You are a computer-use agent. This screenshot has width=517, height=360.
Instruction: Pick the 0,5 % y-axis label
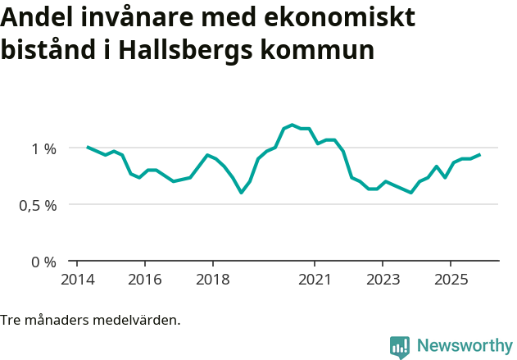coord(38,205)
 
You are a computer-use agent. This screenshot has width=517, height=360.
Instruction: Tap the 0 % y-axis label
coord(44,262)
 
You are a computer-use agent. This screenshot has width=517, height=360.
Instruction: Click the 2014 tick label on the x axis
coord(77,280)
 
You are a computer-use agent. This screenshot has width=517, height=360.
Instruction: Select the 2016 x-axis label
coord(145,280)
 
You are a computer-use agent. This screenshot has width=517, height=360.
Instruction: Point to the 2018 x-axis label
coord(213,280)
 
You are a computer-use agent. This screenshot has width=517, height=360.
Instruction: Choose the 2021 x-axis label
coord(315,280)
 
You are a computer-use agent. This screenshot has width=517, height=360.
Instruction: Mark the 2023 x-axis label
coord(383,280)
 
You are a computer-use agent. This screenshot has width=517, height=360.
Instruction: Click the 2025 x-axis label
coord(451,280)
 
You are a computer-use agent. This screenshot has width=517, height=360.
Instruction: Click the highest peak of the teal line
coord(293,125)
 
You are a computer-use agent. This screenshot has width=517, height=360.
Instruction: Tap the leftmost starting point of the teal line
coord(88,147)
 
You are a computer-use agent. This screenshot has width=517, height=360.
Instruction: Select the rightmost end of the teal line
coord(479,154)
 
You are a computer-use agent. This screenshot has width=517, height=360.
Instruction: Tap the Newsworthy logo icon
coord(400,346)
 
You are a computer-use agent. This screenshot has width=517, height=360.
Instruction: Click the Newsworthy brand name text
coord(465,346)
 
